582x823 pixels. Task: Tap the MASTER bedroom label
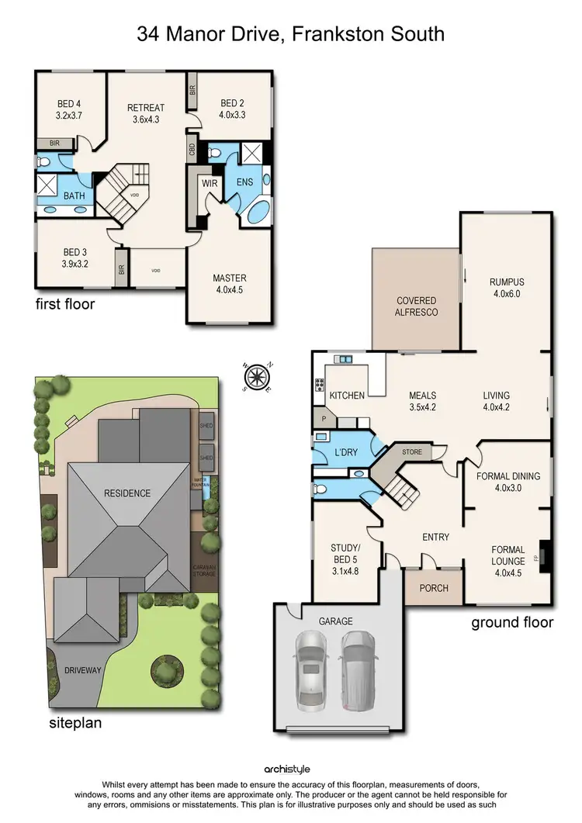(229, 284)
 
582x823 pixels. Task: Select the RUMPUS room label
(507, 288)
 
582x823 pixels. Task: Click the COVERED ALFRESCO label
(417, 306)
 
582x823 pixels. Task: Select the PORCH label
(434, 588)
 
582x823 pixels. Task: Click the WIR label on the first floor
(210, 184)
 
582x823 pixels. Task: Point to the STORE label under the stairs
(411, 451)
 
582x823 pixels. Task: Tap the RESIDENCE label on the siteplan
(129, 493)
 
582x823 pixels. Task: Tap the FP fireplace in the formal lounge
(543, 556)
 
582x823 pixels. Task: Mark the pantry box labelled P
(323, 419)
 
